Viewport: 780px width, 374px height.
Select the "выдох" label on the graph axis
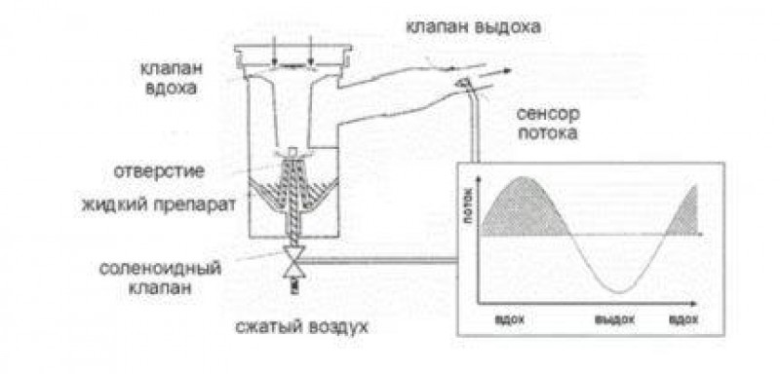point(615,318)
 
